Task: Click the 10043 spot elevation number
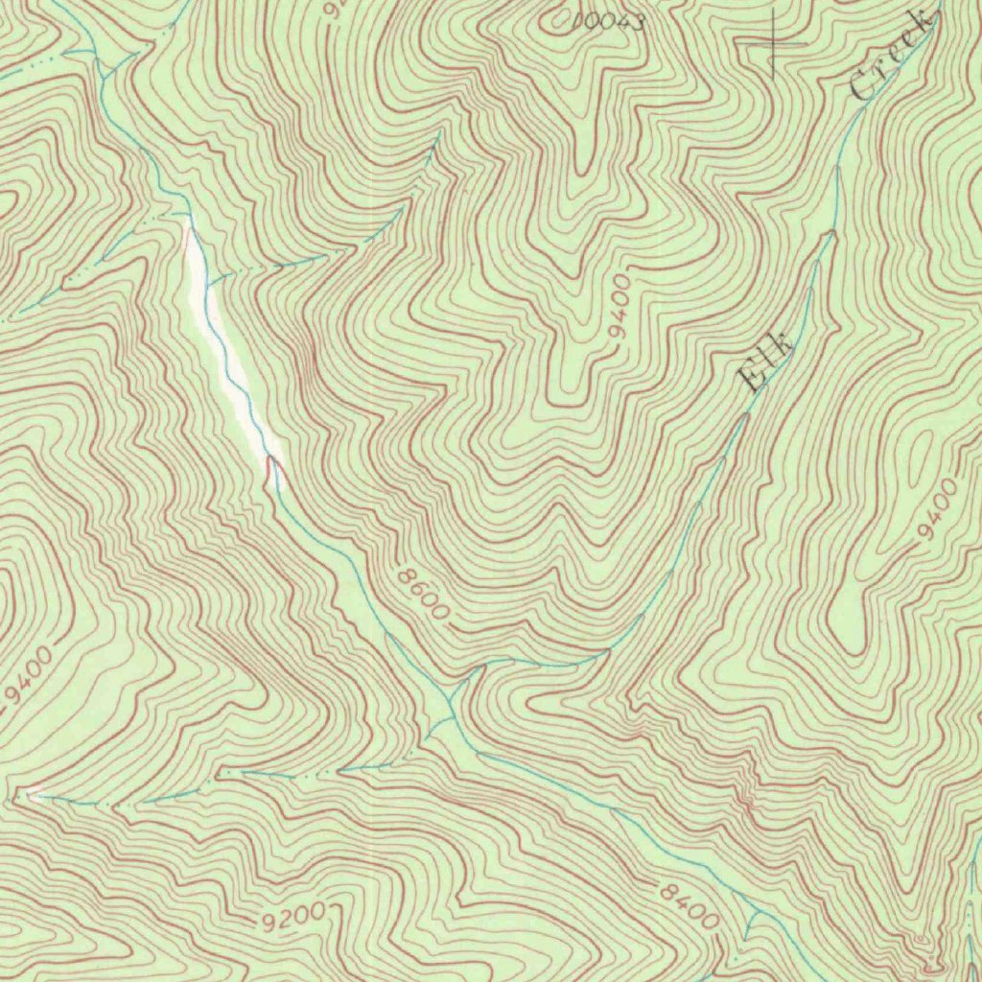coord(608,21)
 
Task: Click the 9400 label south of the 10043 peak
coord(620,305)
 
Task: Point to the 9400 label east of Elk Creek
coord(936,509)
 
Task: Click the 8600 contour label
coord(421,593)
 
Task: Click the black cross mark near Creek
coord(773,42)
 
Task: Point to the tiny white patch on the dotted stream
coord(35,793)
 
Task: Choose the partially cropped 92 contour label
coord(335,10)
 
